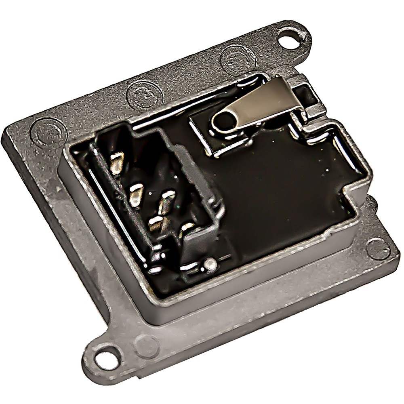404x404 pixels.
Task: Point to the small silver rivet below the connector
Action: (210, 264)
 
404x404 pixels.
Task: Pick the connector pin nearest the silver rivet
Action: (187, 229)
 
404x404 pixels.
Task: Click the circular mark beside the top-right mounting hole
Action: (238, 59)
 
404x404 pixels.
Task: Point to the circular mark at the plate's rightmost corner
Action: (378, 248)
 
